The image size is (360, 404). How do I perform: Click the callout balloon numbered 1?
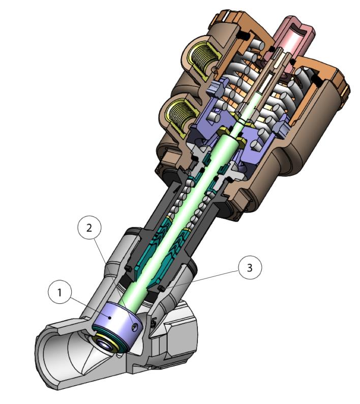coord(59,292)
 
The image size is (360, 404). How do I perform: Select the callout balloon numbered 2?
coord(89,228)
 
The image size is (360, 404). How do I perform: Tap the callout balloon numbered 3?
coord(250,267)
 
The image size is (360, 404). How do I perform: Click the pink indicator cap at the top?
coord(294,38)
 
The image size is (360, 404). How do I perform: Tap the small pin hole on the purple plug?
coord(134,327)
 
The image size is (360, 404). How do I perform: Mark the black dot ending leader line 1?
coord(110,318)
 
